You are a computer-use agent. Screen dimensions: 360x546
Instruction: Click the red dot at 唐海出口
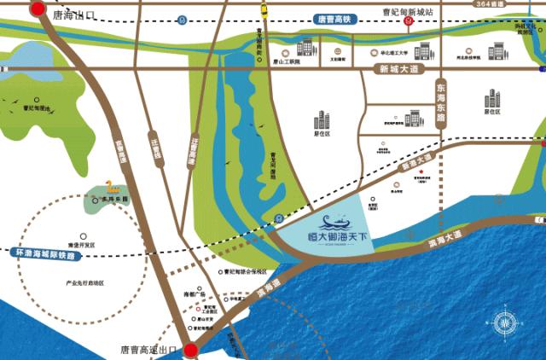coord(37,9)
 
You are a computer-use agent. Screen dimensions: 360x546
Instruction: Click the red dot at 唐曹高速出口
coord(189,350)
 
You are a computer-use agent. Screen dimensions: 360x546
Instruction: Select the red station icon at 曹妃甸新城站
coord(409,21)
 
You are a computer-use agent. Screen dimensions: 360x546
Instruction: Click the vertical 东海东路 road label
coord(440,103)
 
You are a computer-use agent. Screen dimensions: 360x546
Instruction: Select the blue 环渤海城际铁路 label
coord(45,254)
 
